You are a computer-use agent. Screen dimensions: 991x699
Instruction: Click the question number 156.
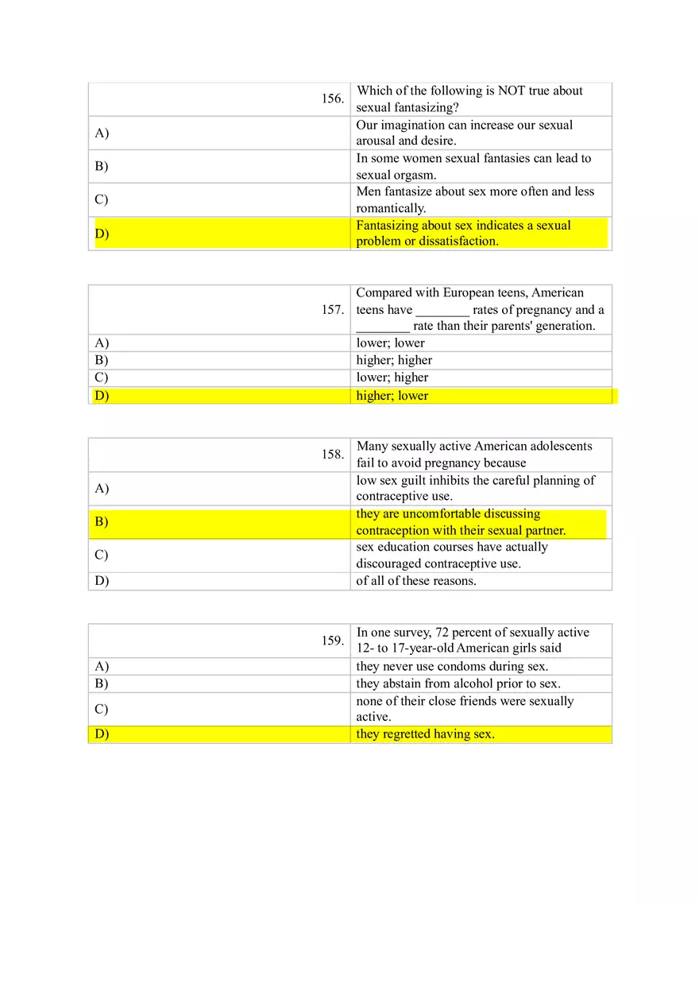click(x=333, y=99)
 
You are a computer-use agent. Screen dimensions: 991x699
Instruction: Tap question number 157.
click(x=333, y=310)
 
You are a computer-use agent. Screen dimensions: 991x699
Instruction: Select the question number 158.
click(x=333, y=455)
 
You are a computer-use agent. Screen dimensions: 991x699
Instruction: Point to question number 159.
click(x=333, y=641)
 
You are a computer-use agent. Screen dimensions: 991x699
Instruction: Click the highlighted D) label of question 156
click(x=102, y=234)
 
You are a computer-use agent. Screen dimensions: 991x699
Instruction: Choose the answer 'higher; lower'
click(x=392, y=396)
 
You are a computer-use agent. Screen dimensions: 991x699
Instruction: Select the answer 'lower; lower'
click(x=390, y=343)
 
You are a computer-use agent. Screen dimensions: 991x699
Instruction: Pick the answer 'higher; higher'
click(x=394, y=360)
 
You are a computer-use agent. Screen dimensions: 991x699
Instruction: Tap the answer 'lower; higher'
click(x=392, y=377)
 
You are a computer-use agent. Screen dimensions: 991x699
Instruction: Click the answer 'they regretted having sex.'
click(x=425, y=734)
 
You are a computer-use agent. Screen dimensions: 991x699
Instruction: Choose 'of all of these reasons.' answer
click(x=415, y=581)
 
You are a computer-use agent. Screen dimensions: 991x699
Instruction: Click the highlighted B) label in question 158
click(x=102, y=522)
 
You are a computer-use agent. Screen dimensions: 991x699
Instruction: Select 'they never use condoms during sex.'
click(x=451, y=667)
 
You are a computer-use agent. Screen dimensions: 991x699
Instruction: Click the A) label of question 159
click(x=102, y=667)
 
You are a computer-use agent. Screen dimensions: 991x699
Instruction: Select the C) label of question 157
click(x=102, y=377)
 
